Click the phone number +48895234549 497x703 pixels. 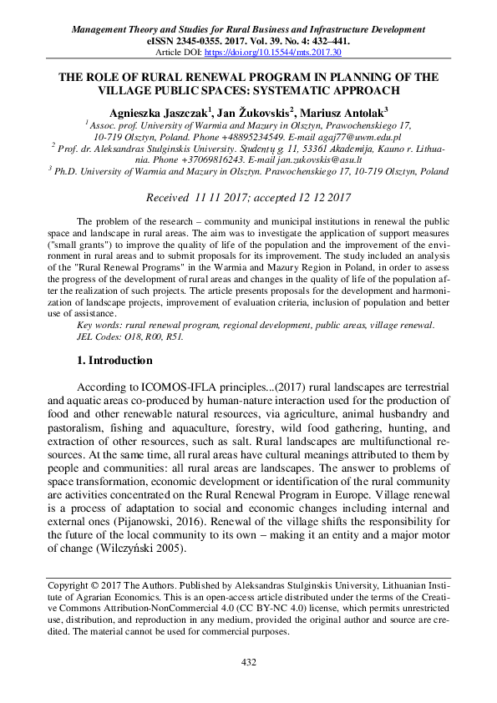[236, 135]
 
